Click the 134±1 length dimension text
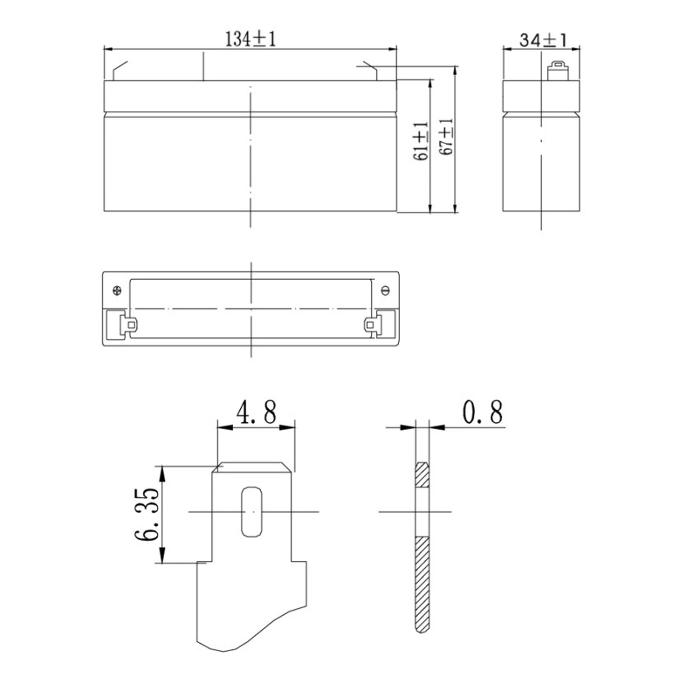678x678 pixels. click(x=250, y=39)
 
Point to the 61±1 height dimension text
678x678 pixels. click(x=421, y=141)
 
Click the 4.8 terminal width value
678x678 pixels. click(x=256, y=412)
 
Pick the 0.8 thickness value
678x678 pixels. click(x=482, y=412)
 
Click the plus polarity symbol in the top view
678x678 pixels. click(x=117, y=290)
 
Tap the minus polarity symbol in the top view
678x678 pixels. click(x=385, y=290)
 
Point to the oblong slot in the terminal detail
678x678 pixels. click(x=252, y=511)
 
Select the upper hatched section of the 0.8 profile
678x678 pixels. click(x=421, y=475)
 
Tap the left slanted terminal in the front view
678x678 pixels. click(x=119, y=70)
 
